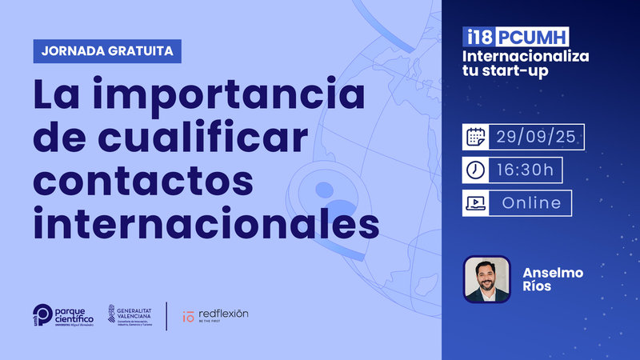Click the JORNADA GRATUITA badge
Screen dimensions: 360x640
[107, 51]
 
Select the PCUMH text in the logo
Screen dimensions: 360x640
[532, 37]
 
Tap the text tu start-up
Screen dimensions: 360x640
[502, 73]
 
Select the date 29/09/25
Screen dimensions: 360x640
[536, 137]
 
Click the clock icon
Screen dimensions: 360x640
[476, 170]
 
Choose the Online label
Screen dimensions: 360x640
[530, 203]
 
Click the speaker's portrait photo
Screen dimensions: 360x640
[486, 279]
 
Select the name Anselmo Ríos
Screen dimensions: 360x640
[552, 280]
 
